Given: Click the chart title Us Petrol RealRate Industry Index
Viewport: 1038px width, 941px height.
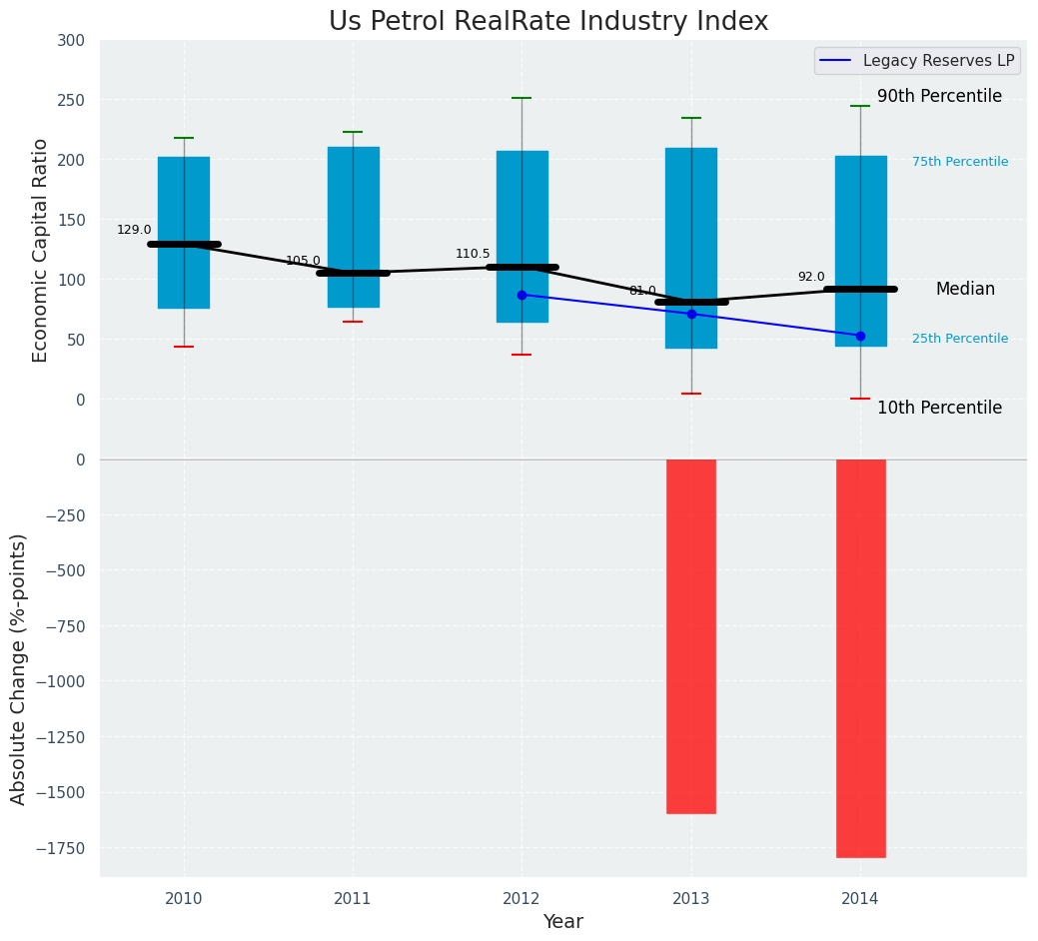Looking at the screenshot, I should [x=548, y=22].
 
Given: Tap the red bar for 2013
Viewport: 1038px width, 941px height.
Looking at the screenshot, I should [x=691, y=636].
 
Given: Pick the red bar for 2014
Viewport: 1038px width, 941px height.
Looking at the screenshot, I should [x=860, y=658].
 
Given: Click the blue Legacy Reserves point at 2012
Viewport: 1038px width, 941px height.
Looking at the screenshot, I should [x=521, y=295].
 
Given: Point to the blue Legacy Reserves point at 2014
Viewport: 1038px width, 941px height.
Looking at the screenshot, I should [x=860, y=336].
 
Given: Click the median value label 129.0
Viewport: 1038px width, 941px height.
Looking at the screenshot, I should [x=134, y=230].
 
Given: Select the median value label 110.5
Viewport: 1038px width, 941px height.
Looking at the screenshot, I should [x=473, y=254].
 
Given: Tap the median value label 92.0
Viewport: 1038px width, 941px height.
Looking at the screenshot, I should [x=811, y=277].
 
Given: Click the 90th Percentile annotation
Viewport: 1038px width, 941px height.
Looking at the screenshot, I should [x=939, y=97].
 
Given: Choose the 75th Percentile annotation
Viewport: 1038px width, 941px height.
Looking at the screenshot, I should [x=960, y=162].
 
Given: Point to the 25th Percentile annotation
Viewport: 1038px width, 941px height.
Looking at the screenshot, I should [x=960, y=339].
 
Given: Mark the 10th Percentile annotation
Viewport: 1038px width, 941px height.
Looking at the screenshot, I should [x=939, y=408].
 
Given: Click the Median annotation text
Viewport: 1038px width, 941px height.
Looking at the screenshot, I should [x=965, y=289].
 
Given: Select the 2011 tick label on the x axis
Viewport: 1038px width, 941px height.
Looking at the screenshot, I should [x=353, y=899].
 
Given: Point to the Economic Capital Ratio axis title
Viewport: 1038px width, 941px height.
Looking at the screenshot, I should [x=41, y=250].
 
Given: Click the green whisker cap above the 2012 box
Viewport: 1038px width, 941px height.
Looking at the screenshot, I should [x=521, y=98].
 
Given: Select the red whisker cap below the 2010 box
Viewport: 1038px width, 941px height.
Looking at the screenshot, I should [x=184, y=347].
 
